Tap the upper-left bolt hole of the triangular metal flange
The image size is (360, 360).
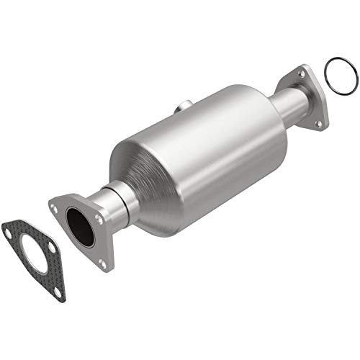pos(55,207)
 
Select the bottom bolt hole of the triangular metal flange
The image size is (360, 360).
pos(102,264)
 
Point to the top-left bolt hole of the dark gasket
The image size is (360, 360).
pos(8,232)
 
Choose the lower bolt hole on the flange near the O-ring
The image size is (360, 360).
pos(318,123)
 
